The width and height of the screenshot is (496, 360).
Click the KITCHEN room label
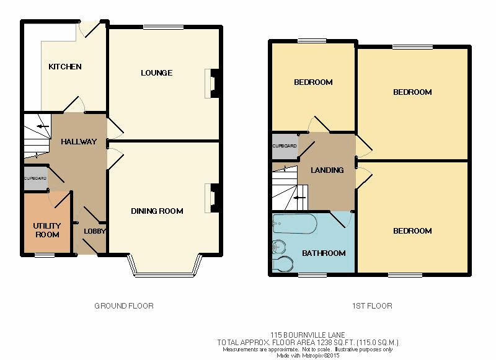coord(65,67)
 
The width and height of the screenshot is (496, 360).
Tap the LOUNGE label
coord(157,73)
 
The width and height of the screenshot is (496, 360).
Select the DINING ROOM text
coord(157,211)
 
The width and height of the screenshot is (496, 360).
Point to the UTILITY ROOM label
coord(47,230)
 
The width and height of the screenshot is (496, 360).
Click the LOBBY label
coord(95,231)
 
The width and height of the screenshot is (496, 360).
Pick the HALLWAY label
coord(79,142)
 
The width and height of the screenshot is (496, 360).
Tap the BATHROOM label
coord(324,253)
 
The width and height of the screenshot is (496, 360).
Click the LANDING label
coord(327,170)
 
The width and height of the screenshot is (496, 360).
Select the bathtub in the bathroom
coord(294,224)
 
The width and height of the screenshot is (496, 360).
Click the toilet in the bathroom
coord(283,263)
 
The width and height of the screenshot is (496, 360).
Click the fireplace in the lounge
coord(211,84)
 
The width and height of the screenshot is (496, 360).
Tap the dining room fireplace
coord(211,198)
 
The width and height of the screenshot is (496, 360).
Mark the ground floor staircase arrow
coord(43,127)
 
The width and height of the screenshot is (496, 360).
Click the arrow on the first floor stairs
coord(299,198)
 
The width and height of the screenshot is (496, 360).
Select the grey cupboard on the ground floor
coord(36,178)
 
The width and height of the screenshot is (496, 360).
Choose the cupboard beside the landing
coord(285,146)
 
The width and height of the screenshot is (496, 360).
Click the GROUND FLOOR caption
coord(124,306)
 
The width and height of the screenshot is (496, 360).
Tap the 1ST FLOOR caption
coord(372,306)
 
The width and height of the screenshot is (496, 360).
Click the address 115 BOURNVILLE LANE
coord(308,335)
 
